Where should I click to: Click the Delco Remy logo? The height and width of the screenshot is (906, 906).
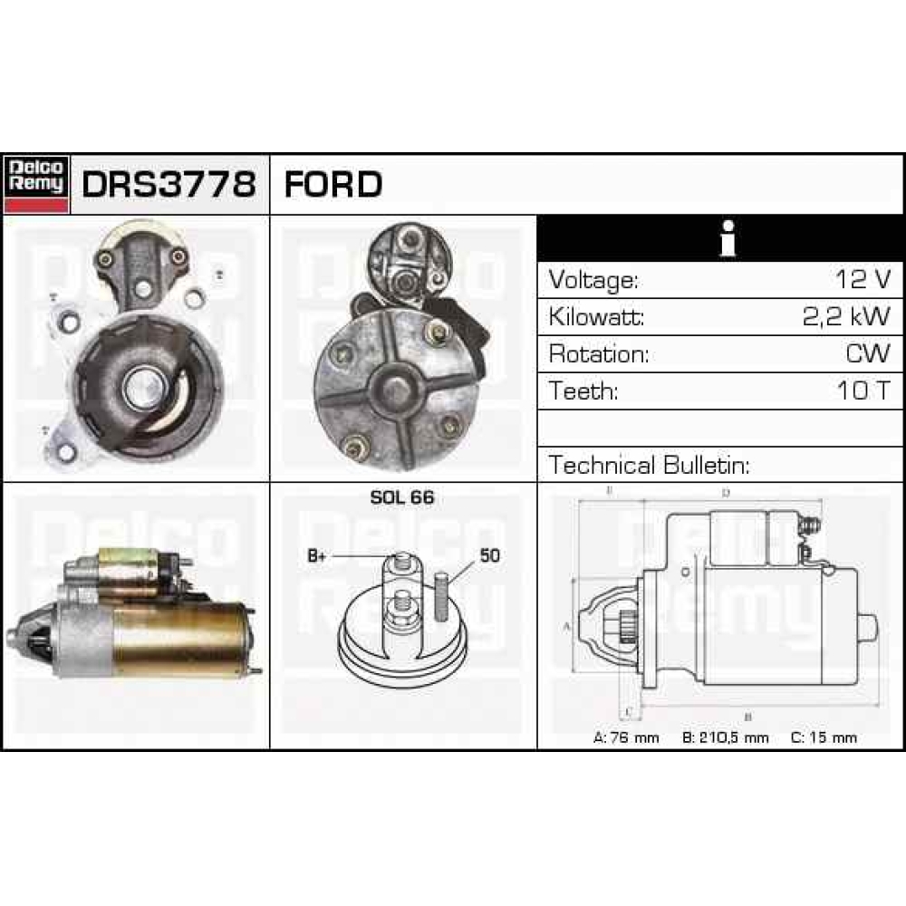(x=37, y=185)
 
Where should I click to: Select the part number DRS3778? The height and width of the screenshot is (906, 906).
(x=169, y=185)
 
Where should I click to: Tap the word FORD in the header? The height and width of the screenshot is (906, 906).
(x=333, y=185)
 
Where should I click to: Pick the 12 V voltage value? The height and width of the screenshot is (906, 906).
(x=863, y=280)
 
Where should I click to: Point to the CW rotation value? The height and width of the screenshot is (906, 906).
(x=868, y=353)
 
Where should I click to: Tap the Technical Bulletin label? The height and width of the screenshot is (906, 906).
(x=650, y=466)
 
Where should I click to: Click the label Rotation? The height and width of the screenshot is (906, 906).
(x=599, y=353)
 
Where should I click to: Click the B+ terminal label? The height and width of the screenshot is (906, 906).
(x=317, y=556)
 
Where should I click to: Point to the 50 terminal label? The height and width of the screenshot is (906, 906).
(x=488, y=556)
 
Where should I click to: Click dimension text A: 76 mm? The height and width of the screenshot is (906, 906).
(x=625, y=737)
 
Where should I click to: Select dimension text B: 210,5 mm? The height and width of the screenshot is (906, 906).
(x=725, y=737)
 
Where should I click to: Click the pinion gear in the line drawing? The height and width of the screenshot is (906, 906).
(x=623, y=625)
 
